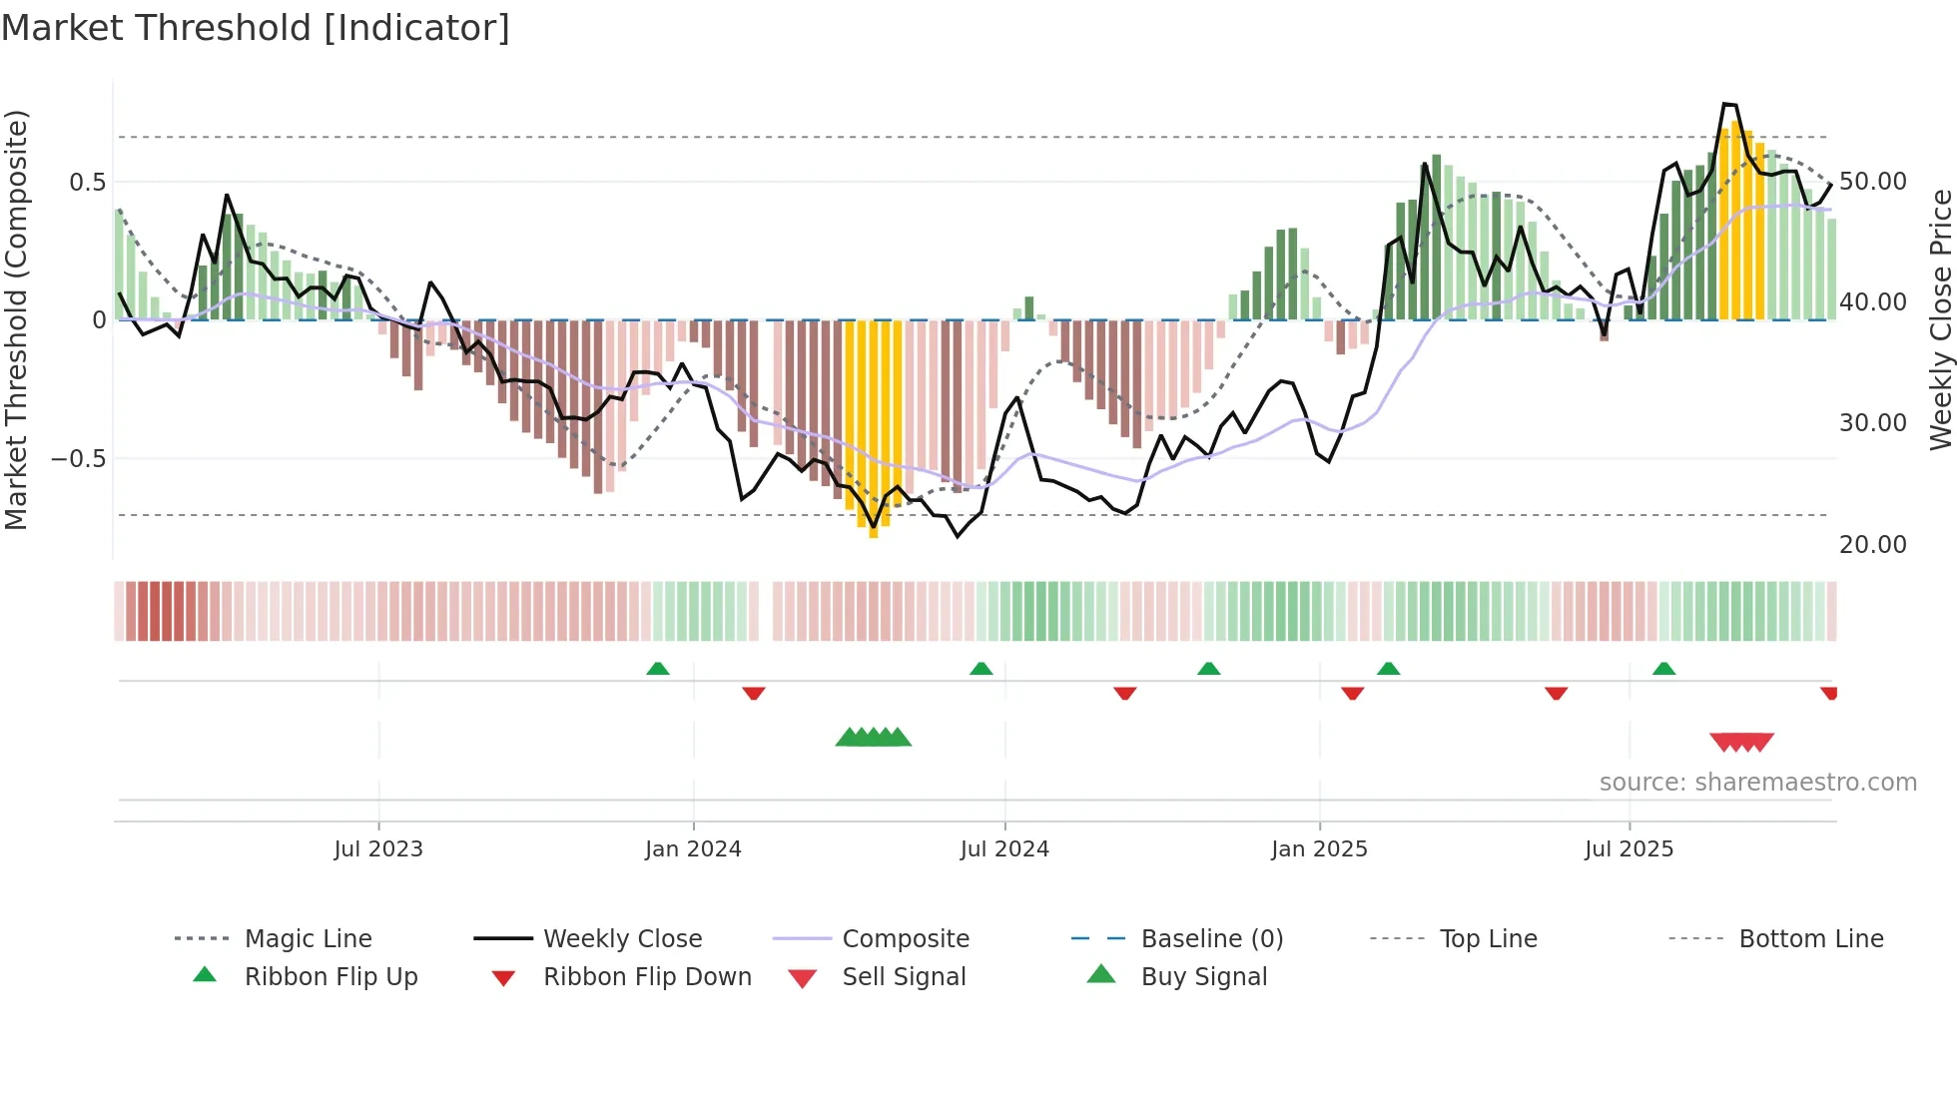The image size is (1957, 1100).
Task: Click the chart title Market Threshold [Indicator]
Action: tap(256, 28)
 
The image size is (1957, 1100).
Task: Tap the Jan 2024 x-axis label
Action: tap(693, 849)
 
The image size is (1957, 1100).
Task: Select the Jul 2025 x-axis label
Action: tap(1629, 849)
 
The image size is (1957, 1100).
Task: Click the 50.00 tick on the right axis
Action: tap(1872, 182)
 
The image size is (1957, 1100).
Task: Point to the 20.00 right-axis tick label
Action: tap(1872, 545)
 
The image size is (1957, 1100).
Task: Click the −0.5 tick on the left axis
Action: tap(78, 459)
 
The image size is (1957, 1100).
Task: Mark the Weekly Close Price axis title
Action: tap(1940, 319)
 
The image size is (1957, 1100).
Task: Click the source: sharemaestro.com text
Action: tap(1757, 783)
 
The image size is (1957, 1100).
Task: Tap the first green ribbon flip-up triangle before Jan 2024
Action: tap(658, 669)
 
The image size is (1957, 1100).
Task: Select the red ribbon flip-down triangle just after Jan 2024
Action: tap(754, 693)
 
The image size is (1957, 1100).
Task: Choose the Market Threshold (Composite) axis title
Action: tap(16, 319)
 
